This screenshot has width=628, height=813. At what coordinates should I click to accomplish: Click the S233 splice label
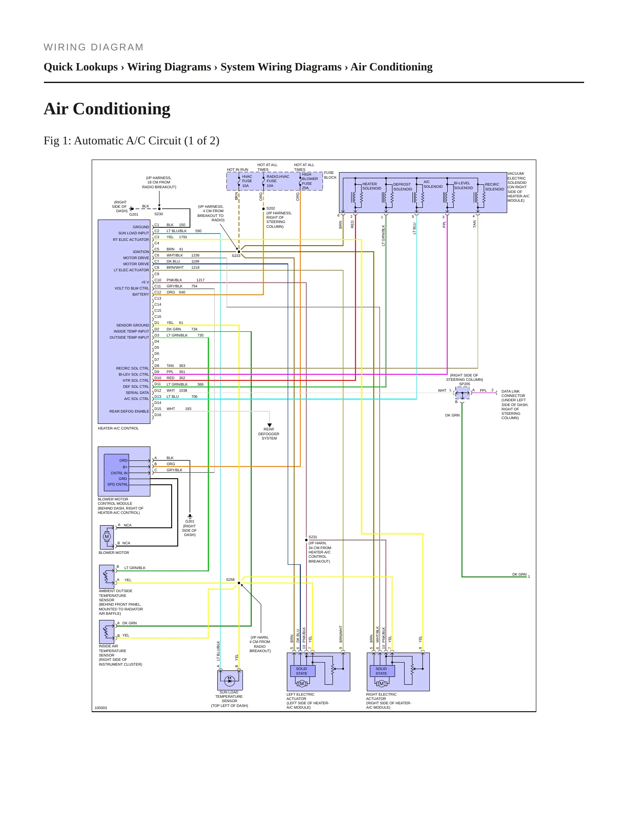click(x=236, y=256)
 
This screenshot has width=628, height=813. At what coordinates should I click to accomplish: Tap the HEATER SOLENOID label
click(x=372, y=186)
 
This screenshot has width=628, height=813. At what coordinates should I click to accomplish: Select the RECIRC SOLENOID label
click(x=495, y=187)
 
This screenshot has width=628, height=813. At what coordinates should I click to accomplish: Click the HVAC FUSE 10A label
click(x=247, y=181)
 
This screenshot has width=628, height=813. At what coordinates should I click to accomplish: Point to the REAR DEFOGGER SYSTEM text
click(x=269, y=434)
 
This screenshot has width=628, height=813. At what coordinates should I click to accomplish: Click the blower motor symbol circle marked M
click(x=106, y=536)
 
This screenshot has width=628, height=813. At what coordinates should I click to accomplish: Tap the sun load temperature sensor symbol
click(x=230, y=680)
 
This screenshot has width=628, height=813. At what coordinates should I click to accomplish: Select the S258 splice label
click(x=230, y=580)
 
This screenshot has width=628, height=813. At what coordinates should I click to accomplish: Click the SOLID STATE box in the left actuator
click(x=302, y=671)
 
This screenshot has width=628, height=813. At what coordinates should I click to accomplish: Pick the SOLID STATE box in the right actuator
click(x=381, y=671)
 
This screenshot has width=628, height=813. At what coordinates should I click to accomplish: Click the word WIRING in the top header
click(x=65, y=47)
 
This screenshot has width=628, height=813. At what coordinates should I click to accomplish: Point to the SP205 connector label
click(x=465, y=384)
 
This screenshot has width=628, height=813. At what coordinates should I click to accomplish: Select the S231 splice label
click(x=313, y=537)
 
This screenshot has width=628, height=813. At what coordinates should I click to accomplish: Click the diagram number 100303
click(x=101, y=708)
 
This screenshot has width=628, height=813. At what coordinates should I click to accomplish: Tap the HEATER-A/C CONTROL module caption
click(x=118, y=428)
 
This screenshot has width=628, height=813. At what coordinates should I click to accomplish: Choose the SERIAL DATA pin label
click(x=137, y=393)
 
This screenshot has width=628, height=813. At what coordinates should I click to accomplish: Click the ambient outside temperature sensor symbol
click(x=107, y=576)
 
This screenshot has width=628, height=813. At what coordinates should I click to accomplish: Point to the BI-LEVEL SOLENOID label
click(x=463, y=186)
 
